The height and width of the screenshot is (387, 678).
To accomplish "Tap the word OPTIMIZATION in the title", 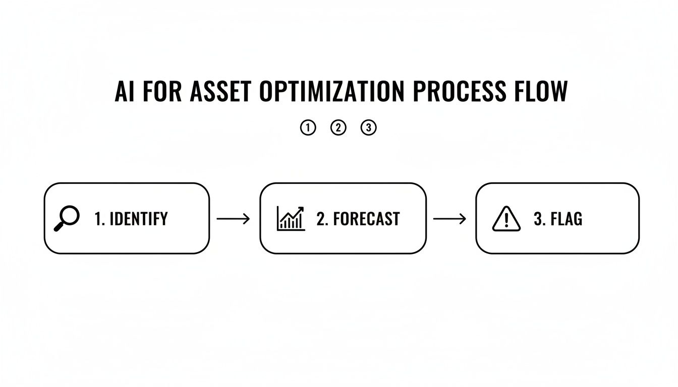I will [x=332, y=92].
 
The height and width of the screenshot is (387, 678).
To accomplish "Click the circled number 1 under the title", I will [x=307, y=128].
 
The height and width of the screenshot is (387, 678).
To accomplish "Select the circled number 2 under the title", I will [x=338, y=128].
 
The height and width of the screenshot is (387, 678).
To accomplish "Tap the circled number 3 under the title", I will [x=369, y=128].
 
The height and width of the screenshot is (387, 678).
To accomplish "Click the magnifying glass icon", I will [x=67, y=219].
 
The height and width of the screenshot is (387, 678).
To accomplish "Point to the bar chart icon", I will [x=291, y=218].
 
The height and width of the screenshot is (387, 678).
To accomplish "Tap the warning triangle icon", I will [x=506, y=219].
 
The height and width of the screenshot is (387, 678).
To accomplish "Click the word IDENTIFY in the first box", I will [x=138, y=219].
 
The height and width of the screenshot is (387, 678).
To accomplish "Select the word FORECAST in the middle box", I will [x=366, y=219].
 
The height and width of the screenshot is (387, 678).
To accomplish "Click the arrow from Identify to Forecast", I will [x=233, y=219].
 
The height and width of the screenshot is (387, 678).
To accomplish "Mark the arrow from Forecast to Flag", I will [x=450, y=219].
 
